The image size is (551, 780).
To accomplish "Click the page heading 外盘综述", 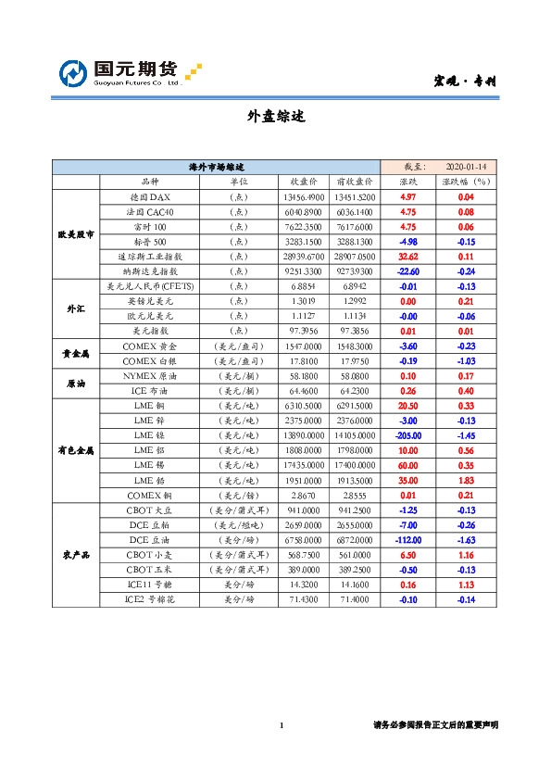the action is [x=275, y=117].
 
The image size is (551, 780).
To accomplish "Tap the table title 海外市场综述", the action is [x=216, y=167].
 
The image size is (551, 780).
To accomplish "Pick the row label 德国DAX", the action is [x=149, y=197].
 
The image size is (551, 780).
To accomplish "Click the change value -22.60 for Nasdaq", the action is [x=407, y=270].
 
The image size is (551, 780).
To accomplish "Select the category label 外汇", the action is [x=75, y=308].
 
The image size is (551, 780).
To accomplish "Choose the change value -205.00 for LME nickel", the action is [x=407, y=433].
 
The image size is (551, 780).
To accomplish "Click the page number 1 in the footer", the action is [x=281, y=724].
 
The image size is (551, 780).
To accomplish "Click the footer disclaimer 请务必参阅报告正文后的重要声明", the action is [x=435, y=724].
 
